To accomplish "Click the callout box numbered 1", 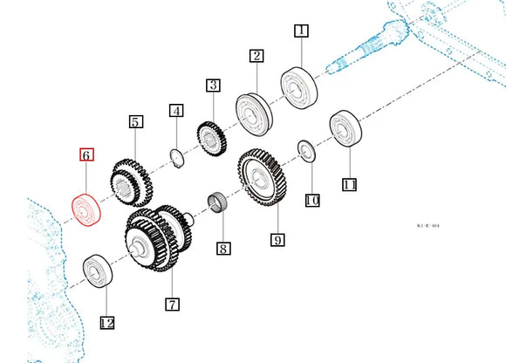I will pyautogui.click(x=301, y=31).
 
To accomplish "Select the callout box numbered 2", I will pyautogui.click(x=256, y=57).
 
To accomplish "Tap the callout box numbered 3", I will pyautogui.click(x=213, y=86).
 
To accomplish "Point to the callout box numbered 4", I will pyautogui.click(x=177, y=111).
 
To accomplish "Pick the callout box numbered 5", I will pyautogui.click(x=135, y=121).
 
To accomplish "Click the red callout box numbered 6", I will pyautogui.click(x=85, y=156).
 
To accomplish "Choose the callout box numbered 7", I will pyautogui.click(x=172, y=305).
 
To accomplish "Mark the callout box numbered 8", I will pyautogui.click(x=223, y=249).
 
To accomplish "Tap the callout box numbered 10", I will pyautogui.click(x=312, y=201).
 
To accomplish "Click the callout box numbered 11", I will pyautogui.click(x=350, y=184).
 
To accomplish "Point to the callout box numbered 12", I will pyautogui.click(x=106, y=323).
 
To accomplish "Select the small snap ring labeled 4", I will pyautogui.click(x=174, y=157).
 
